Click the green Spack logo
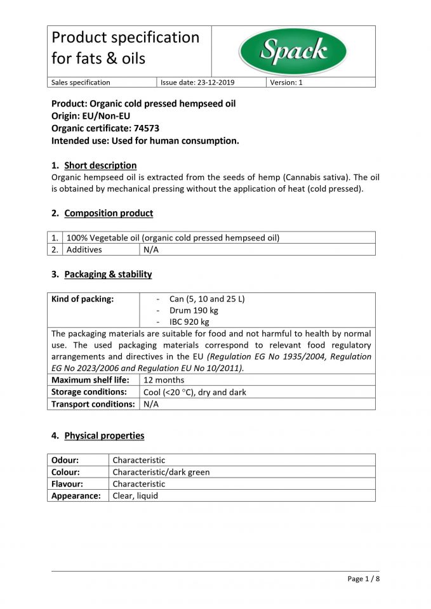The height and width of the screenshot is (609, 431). pyautogui.click(x=293, y=51)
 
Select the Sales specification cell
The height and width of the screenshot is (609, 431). pyautogui.click(x=81, y=82)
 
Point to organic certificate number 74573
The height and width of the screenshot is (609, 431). pyautogui.click(x=146, y=128)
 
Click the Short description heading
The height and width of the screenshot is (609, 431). pyautogui.click(x=100, y=166)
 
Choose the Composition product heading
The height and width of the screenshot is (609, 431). pyautogui.click(x=109, y=213)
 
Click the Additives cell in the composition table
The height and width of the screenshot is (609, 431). pyautogui.click(x=84, y=250)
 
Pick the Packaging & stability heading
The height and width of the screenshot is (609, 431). pyautogui.click(x=108, y=274)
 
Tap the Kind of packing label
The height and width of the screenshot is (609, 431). pyautogui.click(x=83, y=299)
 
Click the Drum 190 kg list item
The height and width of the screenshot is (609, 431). pyautogui.click(x=194, y=311)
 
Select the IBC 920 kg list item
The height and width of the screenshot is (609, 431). pyautogui.click(x=189, y=322)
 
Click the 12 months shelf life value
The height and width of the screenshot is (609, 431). pyautogui.click(x=164, y=380)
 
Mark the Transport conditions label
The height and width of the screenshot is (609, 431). pyautogui.click(x=93, y=404)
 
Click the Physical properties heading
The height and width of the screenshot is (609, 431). pyautogui.click(x=104, y=436)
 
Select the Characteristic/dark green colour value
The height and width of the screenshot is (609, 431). pyautogui.click(x=161, y=472)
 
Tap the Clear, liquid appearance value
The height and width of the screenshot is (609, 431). pyautogui.click(x=135, y=495)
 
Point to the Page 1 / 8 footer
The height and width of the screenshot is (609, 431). pyautogui.click(x=363, y=579)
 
